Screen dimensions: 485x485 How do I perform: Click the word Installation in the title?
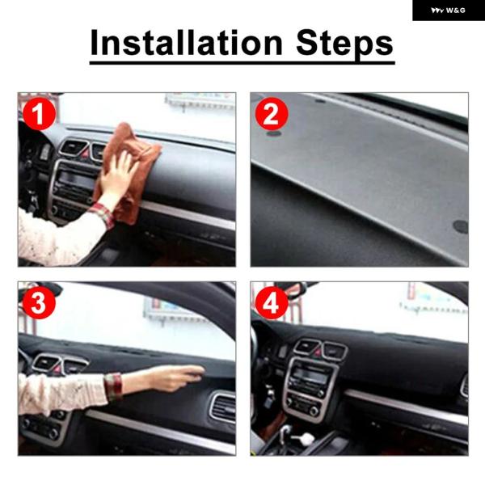click(186, 42)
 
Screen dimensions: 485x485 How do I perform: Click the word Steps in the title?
click(344, 44)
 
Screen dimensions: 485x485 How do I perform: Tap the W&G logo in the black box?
click(448, 11)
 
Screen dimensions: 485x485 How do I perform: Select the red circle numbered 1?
click(39, 114)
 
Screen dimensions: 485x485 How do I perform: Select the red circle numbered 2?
click(272, 114)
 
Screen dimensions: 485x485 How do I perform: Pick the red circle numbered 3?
click(39, 303)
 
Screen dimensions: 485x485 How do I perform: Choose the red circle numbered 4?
click(272, 303)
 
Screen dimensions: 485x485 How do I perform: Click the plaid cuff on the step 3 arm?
click(113, 386)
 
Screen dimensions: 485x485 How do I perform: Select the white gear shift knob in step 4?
click(307, 437)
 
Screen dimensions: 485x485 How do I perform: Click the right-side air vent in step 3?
click(223, 407)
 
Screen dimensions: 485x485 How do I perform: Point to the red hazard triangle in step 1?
click(84, 153)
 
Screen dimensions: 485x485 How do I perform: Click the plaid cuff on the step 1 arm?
click(103, 214)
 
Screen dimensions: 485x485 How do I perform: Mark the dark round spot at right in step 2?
click(461, 226)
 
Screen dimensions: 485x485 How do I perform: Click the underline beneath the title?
click(242, 63)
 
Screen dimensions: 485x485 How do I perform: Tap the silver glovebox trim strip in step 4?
click(406, 407)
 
